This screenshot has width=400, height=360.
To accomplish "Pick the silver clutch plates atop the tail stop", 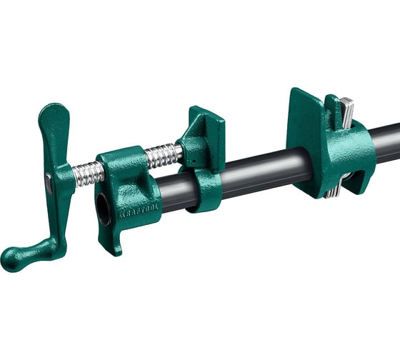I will (x=346, y=111).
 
